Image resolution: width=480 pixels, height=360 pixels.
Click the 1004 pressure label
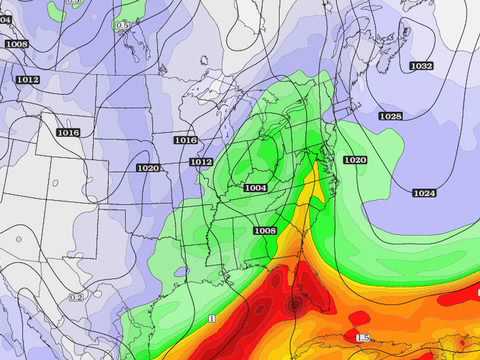255,188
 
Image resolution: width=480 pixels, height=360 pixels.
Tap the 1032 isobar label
421,66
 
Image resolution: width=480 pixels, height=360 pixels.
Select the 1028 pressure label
390,117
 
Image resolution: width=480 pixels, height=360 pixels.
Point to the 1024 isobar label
424,193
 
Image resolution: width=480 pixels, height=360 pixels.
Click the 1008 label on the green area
265,231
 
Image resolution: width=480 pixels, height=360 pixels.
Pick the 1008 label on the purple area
16,44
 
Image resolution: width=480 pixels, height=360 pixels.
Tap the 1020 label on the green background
355,160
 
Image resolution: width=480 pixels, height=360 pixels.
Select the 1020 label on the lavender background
148,168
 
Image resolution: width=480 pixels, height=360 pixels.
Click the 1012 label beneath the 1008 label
27,80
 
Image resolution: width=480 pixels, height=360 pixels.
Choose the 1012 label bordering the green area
201,162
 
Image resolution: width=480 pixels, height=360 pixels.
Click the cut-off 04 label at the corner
5,19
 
